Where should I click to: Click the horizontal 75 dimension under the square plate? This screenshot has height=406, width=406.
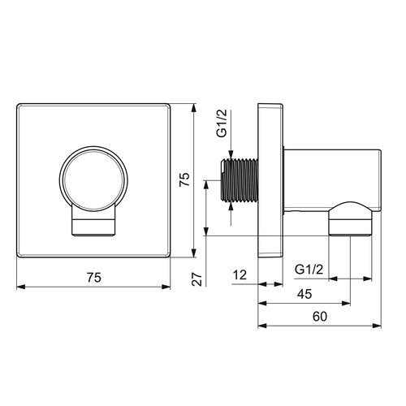click(94, 278)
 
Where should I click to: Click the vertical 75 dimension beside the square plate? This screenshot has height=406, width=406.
click(185, 179)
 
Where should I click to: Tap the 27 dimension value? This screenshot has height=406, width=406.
click(197, 279)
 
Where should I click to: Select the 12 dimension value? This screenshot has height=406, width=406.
click(240, 275)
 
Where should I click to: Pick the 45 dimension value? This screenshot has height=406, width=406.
click(304, 294)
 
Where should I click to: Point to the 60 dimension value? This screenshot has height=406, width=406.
click(320, 317)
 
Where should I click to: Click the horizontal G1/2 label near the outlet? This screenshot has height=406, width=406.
click(309, 270)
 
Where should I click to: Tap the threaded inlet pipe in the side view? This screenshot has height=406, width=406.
click(239, 180)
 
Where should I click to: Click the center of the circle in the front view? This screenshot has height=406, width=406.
click(93, 179)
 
